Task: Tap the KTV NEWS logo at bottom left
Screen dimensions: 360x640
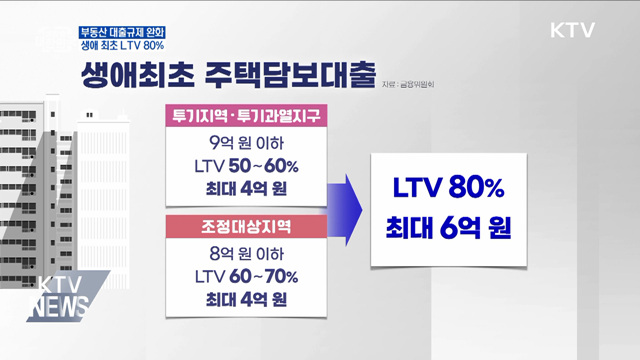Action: click(x=58, y=296)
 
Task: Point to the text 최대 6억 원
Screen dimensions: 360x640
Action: click(x=448, y=229)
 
